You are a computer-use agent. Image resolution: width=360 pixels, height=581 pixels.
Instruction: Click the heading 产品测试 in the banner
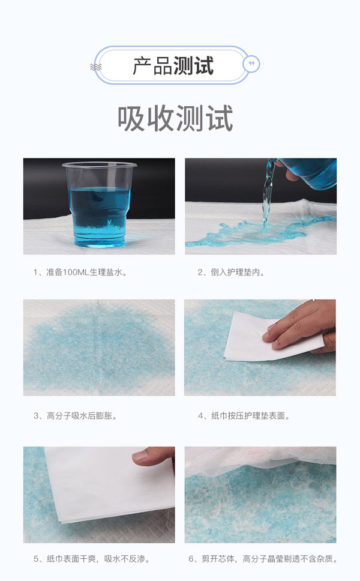coord(173,65)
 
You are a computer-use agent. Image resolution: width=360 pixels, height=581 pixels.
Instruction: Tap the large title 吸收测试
coord(175,119)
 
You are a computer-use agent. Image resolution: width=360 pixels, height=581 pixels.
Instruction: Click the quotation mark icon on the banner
coord(250,64)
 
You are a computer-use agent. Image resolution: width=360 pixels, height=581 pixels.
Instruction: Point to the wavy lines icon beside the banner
coord(96,66)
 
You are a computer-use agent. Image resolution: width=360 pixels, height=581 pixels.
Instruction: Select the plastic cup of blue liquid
coord(99,204)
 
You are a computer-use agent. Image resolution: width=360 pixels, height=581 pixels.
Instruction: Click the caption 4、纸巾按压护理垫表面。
coord(245,415)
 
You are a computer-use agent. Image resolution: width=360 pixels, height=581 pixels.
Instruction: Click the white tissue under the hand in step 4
coord(252,339)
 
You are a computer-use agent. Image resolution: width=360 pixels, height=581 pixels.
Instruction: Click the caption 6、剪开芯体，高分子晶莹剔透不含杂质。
coord(263,559)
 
